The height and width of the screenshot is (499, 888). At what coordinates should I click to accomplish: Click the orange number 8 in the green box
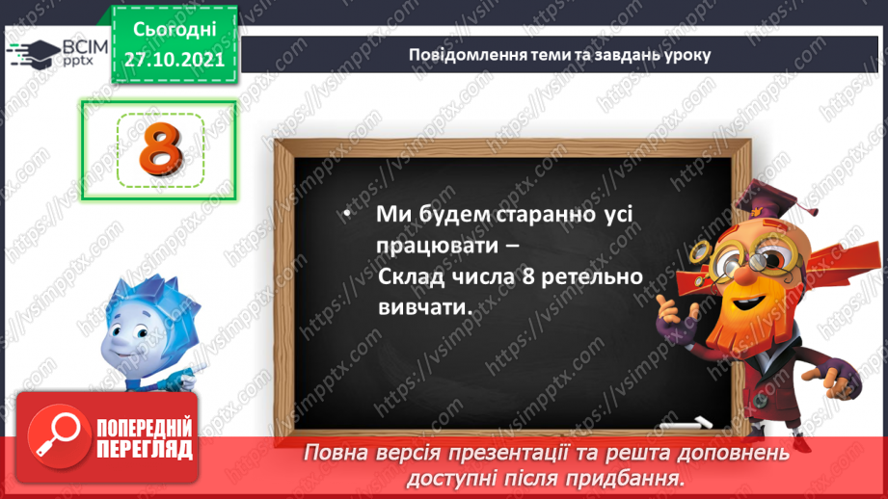point(160,148)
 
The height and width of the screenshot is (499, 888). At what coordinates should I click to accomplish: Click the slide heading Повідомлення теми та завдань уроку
point(559,54)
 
